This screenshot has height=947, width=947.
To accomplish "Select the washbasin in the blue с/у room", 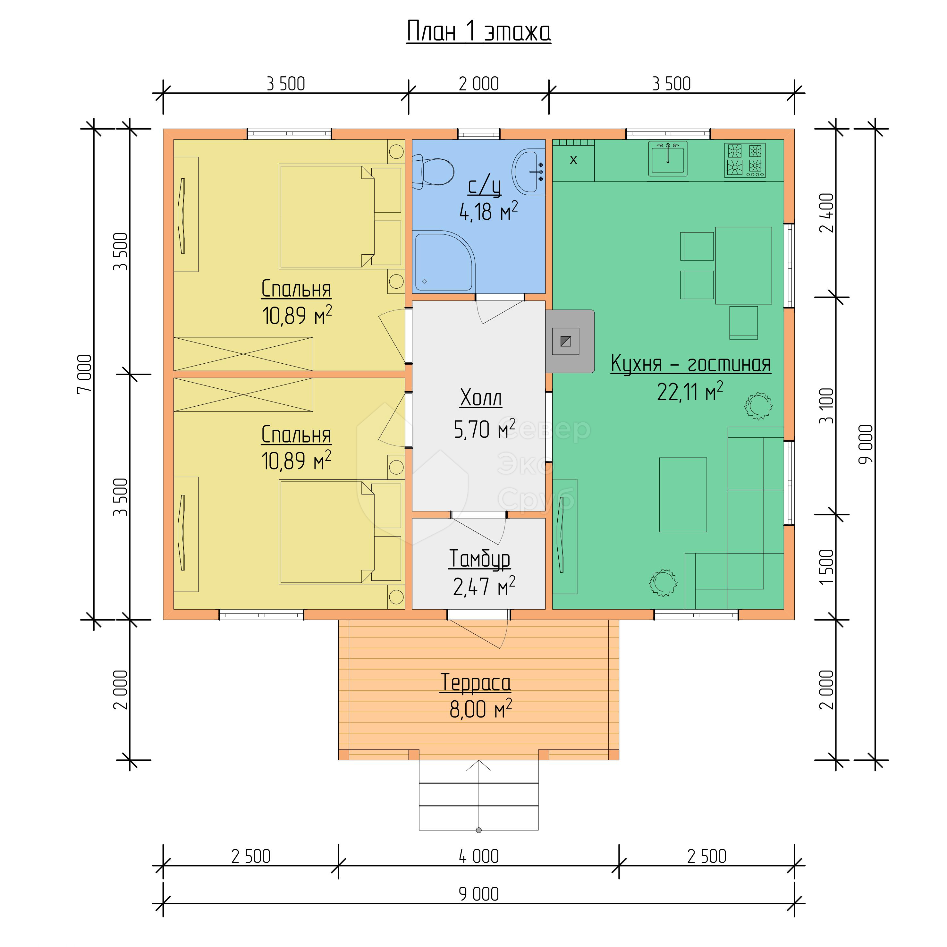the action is coord(528,172).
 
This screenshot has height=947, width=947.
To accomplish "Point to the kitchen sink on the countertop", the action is coord(668,158).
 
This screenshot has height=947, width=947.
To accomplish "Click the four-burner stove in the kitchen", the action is coord(745,160).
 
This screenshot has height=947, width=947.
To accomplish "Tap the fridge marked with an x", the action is coord(573,160).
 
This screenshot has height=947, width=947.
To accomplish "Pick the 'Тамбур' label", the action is coord(479,559).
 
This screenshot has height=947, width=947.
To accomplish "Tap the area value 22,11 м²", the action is coord(690,392).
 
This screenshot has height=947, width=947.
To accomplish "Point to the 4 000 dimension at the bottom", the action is coord(478,856).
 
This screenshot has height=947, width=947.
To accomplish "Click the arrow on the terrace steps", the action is coord(478,794).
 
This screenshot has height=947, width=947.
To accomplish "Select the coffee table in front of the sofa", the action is coord(683,495).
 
